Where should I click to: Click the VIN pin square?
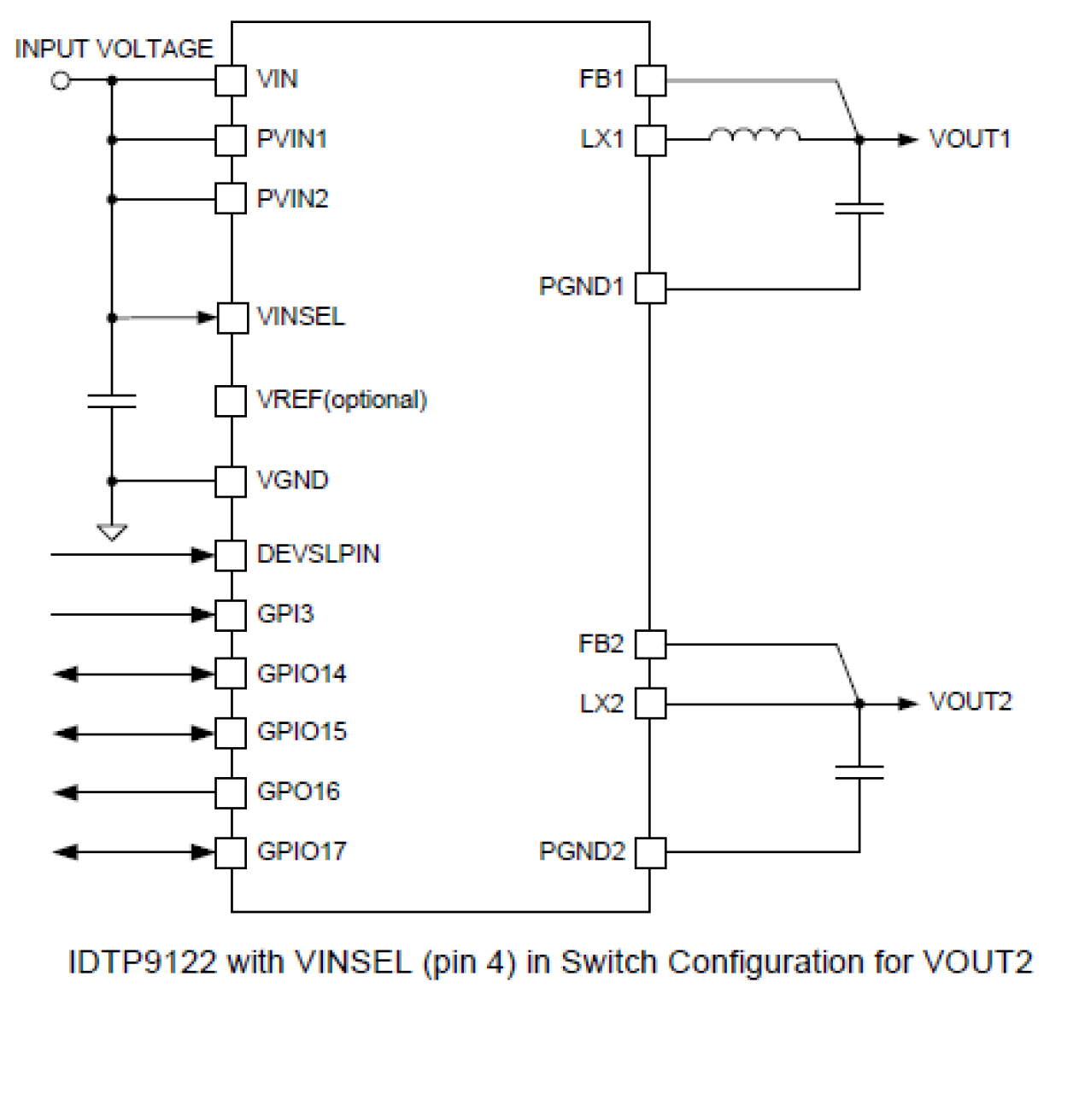(x=231, y=80)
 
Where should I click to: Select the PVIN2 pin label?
(x=292, y=199)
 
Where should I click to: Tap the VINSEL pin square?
(x=232, y=318)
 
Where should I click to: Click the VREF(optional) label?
(x=342, y=400)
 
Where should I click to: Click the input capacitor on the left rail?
(x=112, y=400)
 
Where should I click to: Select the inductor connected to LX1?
(x=754, y=136)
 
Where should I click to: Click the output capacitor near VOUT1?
(x=859, y=207)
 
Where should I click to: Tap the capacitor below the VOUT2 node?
(x=859, y=772)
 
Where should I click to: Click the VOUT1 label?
(x=970, y=139)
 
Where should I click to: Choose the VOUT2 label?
(x=970, y=702)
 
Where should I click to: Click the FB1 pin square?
(x=650, y=80)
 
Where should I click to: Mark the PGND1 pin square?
(x=650, y=288)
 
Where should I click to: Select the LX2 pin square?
(x=650, y=704)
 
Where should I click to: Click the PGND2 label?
(x=582, y=851)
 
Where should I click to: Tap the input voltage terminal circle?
(x=61, y=80)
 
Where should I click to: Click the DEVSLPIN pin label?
(x=318, y=554)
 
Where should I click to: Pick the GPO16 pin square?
(x=231, y=792)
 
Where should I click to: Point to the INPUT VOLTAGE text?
(x=114, y=49)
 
